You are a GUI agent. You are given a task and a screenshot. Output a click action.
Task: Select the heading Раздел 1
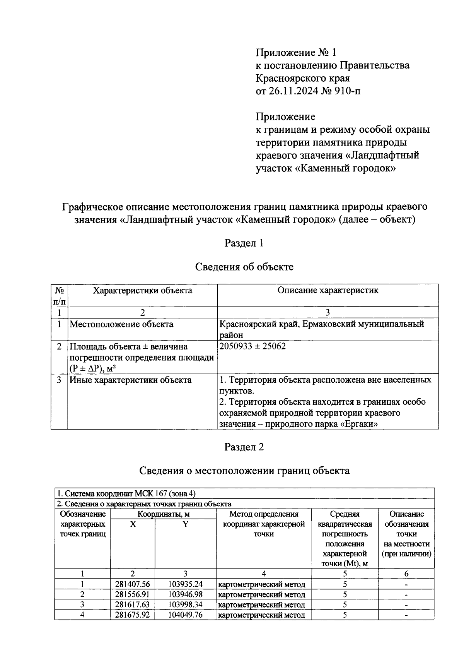point(244,243)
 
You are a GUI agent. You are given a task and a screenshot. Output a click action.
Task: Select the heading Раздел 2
point(244,447)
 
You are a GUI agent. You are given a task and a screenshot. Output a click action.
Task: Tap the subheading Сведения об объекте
point(244,267)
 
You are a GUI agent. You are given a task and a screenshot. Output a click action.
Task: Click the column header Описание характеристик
point(328,290)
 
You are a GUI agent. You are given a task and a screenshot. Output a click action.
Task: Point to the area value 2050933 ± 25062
point(252,346)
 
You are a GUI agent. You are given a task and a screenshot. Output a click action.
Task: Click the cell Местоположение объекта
point(121,324)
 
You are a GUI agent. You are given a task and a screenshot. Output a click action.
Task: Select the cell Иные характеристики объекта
point(130,380)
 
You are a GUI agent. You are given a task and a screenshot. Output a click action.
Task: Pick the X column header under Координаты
point(133,524)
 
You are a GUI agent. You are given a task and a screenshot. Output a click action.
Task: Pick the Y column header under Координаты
point(185,524)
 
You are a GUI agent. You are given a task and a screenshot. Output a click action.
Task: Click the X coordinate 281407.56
point(132,584)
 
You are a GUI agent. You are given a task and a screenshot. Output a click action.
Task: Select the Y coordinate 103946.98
point(185,594)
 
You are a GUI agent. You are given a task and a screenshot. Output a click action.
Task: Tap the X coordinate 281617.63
point(132,604)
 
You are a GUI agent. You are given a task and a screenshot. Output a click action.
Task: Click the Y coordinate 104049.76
point(185,615)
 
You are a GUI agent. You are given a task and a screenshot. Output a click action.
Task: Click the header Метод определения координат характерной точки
point(264,524)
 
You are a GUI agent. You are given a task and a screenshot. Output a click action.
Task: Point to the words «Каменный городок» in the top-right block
point(346,169)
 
